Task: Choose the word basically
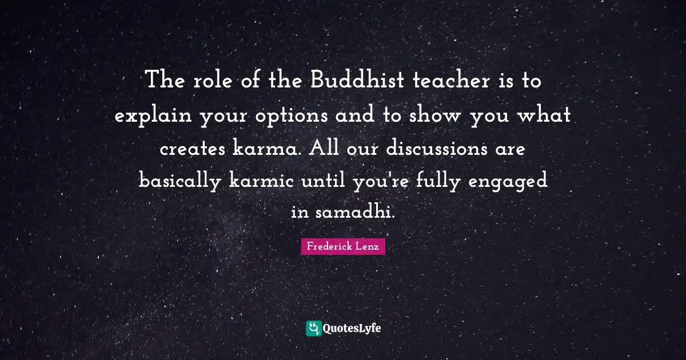tap(181, 182)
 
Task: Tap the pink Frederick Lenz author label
tap(343, 247)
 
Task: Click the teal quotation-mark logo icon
tap(313, 328)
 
